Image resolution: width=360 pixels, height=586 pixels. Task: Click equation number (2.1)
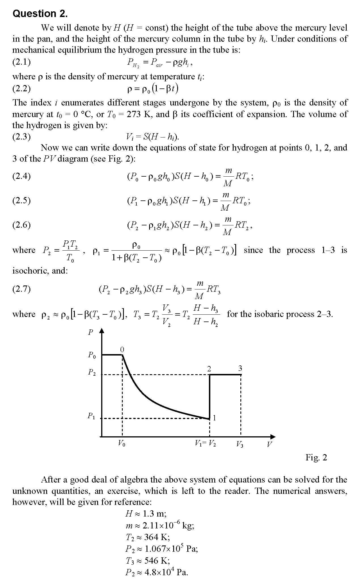[x=22, y=62]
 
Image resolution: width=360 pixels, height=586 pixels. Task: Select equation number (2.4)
[x=22, y=176]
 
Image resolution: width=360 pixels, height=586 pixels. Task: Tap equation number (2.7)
[x=22, y=289]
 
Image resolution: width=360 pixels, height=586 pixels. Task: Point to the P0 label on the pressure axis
[x=92, y=355]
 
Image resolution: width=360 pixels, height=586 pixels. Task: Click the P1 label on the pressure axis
[x=91, y=416]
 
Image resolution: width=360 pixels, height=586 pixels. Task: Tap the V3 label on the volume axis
[x=240, y=445]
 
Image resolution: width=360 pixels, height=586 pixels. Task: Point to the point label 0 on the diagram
[x=122, y=350]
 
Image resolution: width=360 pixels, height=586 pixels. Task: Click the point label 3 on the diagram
[x=240, y=368]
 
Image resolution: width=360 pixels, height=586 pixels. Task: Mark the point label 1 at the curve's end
[x=215, y=418]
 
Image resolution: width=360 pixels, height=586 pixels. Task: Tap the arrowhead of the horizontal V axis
[x=273, y=437]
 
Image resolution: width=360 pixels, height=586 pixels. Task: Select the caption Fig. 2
[x=316, y=457]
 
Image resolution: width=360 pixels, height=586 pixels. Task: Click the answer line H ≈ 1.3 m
[x=146, y=513]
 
